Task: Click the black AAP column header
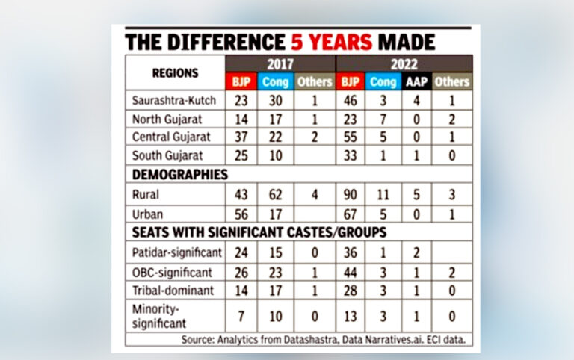[417, 81]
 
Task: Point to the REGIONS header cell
[175, 73]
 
